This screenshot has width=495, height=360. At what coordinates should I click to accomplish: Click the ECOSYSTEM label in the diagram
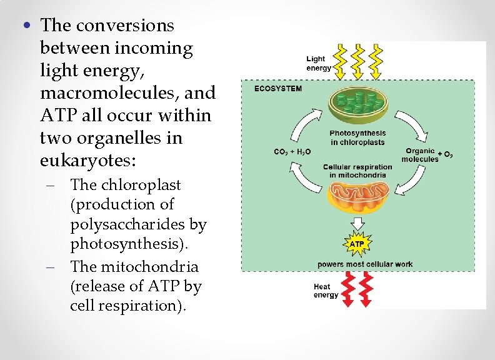click(277, 89)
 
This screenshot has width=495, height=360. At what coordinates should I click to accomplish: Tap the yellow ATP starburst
click(356, 243)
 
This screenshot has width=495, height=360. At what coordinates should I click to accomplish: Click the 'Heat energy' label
click(326, 291)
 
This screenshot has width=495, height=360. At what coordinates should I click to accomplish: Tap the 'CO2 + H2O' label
click(292, 151)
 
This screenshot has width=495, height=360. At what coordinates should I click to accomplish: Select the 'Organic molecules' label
click(419, 154)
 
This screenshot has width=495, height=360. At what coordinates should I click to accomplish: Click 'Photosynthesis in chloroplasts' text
click(357, 137)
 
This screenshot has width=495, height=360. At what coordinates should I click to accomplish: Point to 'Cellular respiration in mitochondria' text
click(357, 171)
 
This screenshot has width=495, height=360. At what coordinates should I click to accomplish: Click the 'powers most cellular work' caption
click(365, 264)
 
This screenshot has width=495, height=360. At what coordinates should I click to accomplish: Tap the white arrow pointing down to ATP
click(357, 223)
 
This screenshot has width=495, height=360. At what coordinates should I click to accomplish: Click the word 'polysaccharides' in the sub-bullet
click(138, 224)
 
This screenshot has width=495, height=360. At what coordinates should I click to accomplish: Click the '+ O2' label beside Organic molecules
click(446, 154)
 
